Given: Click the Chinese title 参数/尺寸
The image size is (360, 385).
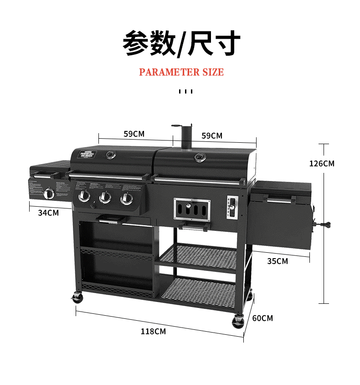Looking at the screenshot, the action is click(x=181, y=44).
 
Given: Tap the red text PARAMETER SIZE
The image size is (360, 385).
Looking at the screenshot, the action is click(x=181, y=72).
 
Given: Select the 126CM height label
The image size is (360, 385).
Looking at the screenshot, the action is click(x=322, y=163).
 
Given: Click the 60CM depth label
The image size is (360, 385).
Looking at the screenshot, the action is click(x=262, y=318).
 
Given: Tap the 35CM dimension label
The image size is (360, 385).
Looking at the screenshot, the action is click(x=278, y=261).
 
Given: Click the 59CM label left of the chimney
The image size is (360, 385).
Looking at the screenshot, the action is click(x=134, y=134).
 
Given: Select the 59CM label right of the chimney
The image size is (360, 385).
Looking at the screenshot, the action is click(x=212, y=135).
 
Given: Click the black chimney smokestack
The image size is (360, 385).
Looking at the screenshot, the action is click(x=186, y=137).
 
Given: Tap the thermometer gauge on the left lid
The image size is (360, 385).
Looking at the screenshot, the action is click(x=110, y=155).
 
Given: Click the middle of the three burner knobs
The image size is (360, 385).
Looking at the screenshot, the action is click(x=105, y=197).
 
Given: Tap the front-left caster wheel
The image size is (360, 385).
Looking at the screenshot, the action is click(x=78, y=298).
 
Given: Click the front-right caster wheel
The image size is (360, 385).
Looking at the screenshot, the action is click(x=238, y=322).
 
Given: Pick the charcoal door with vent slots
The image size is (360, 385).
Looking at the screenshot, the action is click(x=192, y=209).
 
